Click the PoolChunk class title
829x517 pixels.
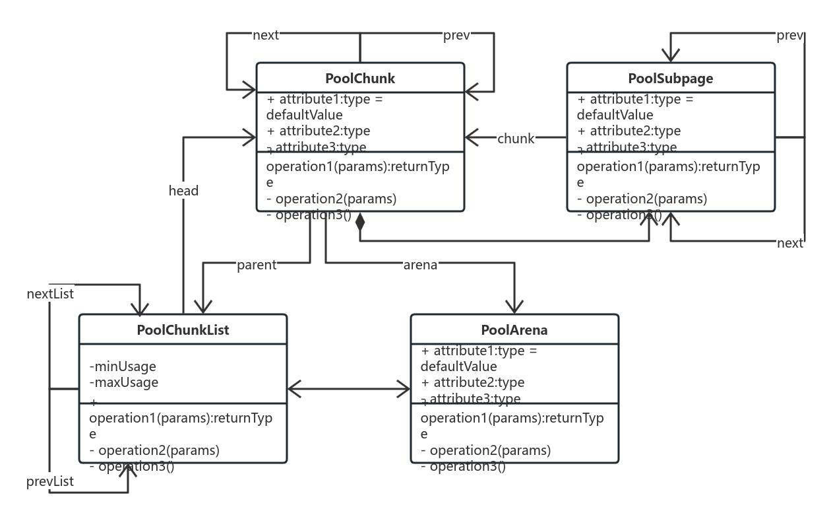click(x=360, y=79)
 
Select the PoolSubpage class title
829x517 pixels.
click(x=670, y=79)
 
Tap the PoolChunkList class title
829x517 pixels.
click(x=183, y=330)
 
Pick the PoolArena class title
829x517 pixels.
click(x=514, y=330)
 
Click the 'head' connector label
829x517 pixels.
click(x=183, y=191)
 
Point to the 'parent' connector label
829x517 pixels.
click(x=257, y=265)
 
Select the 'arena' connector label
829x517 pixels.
click(x=420, y=265)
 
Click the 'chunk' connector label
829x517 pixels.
click(x=516, y=139)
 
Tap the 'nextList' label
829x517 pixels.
click(x=50, y=294)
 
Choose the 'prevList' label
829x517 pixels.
click(x=50, y=482)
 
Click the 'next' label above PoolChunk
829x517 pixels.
click(x=266, y=36)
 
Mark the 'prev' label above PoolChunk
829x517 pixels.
click(x=456, y=36)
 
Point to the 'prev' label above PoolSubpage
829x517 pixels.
click(x=789, y=36)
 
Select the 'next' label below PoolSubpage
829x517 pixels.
click(x=789, y=244)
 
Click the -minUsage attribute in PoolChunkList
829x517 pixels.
click(x=123, y=366)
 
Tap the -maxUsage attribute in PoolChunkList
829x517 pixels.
click(x=124, y=382)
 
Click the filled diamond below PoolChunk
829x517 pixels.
click(x=359, y=222)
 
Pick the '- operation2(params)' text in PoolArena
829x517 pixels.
click(x=485, y=451)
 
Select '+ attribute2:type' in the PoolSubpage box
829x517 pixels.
click(x=629, y=131)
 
